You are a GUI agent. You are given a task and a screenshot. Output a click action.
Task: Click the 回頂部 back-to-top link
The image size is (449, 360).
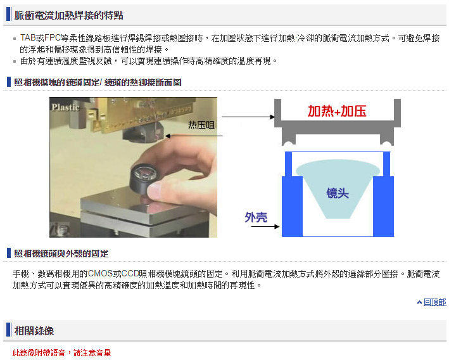click(434, 302)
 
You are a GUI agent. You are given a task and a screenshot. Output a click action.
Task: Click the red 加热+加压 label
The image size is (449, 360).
click(337, 111)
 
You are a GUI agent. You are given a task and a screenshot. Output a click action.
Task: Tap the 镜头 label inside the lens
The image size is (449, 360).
click(338, 193)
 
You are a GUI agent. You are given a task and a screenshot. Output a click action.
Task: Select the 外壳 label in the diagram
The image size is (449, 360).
click(256, 217)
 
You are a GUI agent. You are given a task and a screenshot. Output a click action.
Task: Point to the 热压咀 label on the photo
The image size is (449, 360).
click(201, 125)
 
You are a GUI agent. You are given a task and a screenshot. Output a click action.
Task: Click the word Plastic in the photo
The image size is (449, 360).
click(65, 107)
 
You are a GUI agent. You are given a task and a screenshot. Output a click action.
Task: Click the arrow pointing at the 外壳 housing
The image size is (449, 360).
click(265, 227)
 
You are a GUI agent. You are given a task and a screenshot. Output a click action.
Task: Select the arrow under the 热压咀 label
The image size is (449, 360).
click(194, 136)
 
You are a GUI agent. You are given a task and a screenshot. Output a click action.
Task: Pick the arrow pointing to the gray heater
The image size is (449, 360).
click(248, 117)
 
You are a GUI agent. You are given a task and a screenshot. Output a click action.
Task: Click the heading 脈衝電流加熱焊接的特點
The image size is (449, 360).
click(69, 15)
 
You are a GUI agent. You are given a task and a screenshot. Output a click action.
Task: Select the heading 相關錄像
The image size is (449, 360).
click(34, 331)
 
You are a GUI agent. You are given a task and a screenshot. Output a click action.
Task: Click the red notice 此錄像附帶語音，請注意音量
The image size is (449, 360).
click(61, 352)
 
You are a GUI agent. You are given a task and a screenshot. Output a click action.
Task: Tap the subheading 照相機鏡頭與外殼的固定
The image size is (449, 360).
click(61, 254)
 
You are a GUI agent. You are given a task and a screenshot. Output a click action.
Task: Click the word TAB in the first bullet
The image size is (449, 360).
click(28, 38)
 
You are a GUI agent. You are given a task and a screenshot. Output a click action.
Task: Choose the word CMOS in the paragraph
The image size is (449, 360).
click(100, 274)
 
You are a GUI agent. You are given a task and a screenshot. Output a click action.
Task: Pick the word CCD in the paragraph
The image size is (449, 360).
click(130, 274)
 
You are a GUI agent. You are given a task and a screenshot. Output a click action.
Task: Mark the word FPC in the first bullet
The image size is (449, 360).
click(53, 38)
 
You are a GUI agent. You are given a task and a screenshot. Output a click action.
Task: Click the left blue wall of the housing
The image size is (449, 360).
click(292, 206)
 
